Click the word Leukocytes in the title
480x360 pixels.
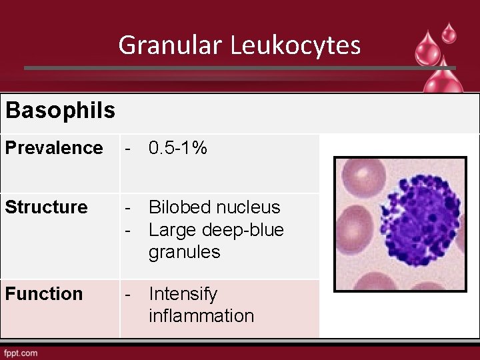click(296, 45)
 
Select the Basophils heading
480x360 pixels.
click(60, 111)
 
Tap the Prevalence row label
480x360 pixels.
click(54, 147)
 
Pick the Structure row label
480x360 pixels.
click(47, 207)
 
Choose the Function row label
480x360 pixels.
click(44, 294)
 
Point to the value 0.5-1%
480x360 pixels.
click(178, 147)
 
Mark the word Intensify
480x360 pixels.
click(183, 294)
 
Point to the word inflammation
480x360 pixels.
click(201, 316)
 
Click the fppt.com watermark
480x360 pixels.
click(21, 352)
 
